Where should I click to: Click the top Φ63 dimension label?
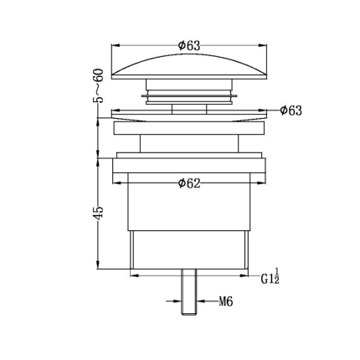point(189,45)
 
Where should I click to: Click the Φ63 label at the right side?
point(291,111)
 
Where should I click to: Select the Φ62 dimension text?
point(189,183)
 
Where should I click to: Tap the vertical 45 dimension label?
point(100,213)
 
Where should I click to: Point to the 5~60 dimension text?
point(98,85)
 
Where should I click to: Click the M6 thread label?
point(225,301)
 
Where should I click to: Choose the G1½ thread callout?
point(270,276)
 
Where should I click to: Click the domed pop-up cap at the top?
point(189,67)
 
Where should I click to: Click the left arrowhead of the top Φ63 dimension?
point(116,45)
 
